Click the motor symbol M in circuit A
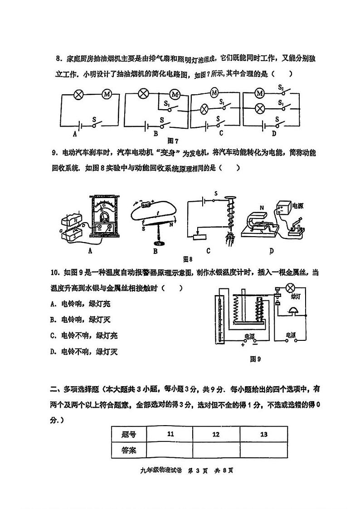click(107, 94)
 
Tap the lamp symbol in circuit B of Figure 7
click(144, 94)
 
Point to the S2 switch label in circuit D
click(281, 87)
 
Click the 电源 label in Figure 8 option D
click(297, 206)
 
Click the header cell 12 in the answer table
click(216, 434)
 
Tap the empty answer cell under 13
click(264, 450)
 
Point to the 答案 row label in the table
click(129, 450)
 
